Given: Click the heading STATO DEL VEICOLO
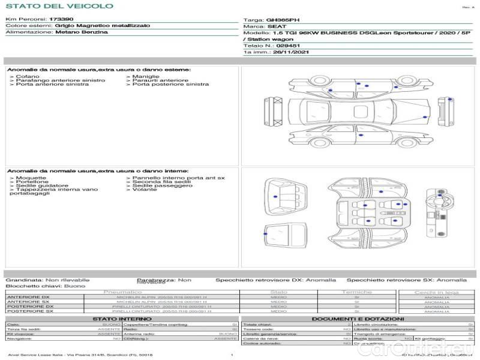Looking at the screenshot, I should point(59,6).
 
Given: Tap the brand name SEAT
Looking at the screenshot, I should point(274,26).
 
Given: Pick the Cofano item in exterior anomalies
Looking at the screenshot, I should point(27,77).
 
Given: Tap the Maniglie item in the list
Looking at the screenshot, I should point(145,77).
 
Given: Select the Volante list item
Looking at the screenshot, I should point(144,190).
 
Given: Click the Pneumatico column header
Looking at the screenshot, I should point(122,292).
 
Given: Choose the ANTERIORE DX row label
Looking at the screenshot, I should point(28,297).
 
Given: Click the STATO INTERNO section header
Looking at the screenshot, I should point(122,319).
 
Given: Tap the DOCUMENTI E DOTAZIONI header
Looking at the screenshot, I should point(358,319).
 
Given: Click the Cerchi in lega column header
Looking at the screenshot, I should point(436,292).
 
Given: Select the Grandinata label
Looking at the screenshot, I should point(23,280).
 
